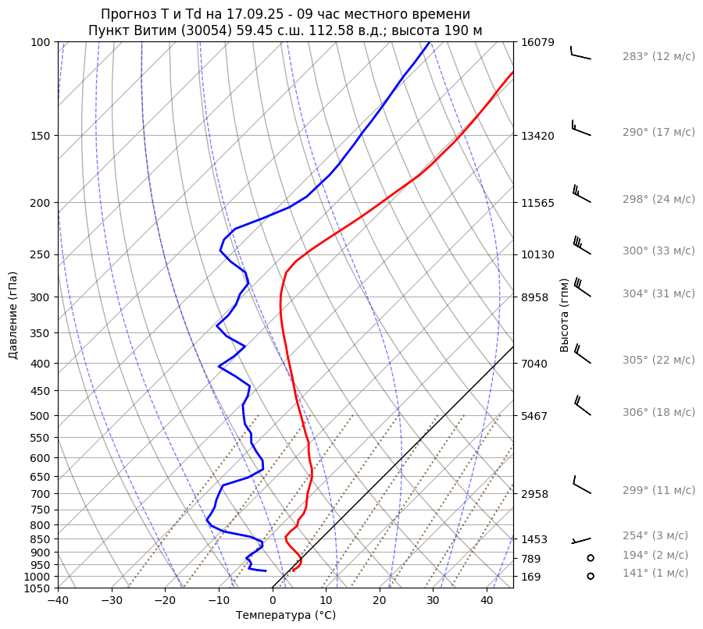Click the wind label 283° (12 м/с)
658,57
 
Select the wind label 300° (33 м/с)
658,251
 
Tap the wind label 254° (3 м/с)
655,536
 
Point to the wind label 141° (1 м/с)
655,574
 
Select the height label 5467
533,416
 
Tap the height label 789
530,559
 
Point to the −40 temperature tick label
58,601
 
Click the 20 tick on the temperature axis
380,601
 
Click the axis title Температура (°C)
286,616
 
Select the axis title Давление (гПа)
13,315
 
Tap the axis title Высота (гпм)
565,314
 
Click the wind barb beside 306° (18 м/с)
582,406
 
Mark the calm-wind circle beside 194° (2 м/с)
591,558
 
